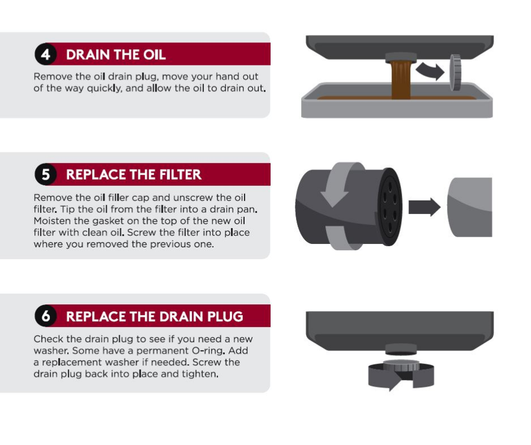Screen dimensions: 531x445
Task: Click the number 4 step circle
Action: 45,54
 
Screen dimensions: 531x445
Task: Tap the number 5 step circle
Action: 45,174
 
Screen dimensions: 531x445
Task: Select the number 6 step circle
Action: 45,316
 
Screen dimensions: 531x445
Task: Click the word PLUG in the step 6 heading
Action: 225,316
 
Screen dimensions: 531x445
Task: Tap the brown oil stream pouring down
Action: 401,80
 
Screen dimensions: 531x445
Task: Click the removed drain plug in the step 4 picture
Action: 455,72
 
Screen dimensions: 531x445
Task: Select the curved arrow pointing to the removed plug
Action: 430,71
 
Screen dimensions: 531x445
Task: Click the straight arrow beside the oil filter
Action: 424,207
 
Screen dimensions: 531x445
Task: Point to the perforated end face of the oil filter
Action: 389,207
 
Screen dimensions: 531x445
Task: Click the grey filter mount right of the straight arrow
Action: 469,207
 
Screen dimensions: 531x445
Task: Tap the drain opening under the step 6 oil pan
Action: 401,353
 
